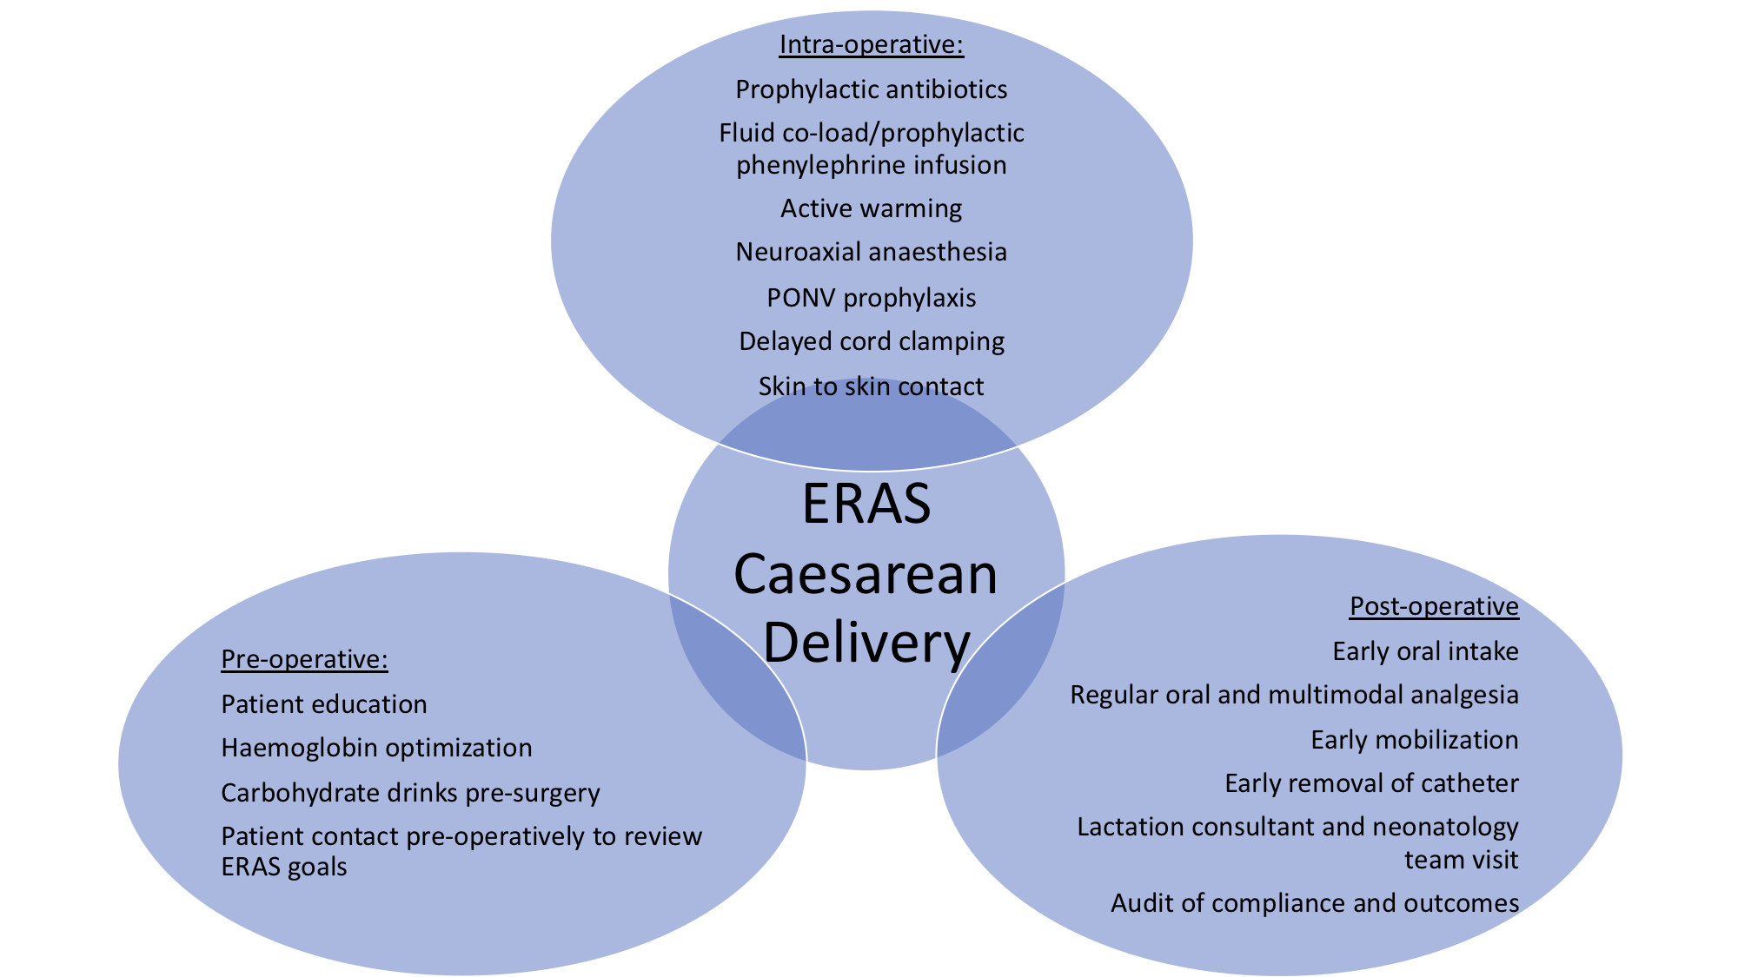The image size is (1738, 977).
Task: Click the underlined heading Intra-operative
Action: (x=871, y=44)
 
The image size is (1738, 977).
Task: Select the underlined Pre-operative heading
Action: (x=304, y=659)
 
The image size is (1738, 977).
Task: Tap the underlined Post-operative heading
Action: (x=1434, y=605)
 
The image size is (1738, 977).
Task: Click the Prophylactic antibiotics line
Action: (x=871, y=89)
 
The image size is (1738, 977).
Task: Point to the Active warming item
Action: (x=871, y=208)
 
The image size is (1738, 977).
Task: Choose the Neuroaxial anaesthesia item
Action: (x=871, y=252)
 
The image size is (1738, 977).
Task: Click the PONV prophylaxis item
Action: (x=871, y=298)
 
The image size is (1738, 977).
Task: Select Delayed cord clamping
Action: (x=871, y=341)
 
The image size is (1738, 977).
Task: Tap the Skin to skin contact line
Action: (x=871, y=386)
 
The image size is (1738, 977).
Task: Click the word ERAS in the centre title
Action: (x=866, y=504)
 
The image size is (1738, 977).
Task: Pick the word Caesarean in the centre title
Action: (x=866, y=574)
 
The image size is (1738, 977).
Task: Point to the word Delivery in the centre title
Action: (x=866, y=644)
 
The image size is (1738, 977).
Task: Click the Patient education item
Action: (x=324, y=704)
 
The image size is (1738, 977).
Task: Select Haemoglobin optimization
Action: (x=376, y=748)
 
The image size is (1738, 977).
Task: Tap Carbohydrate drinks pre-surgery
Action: (x=410, y=793)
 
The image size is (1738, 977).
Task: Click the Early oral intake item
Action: (x=1425, y=651)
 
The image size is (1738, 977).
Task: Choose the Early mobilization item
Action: (x=1414, y=740)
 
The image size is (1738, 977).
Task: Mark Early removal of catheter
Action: (x=1371, y=783)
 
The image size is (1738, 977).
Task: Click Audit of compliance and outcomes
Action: (x=1314, y=903)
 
